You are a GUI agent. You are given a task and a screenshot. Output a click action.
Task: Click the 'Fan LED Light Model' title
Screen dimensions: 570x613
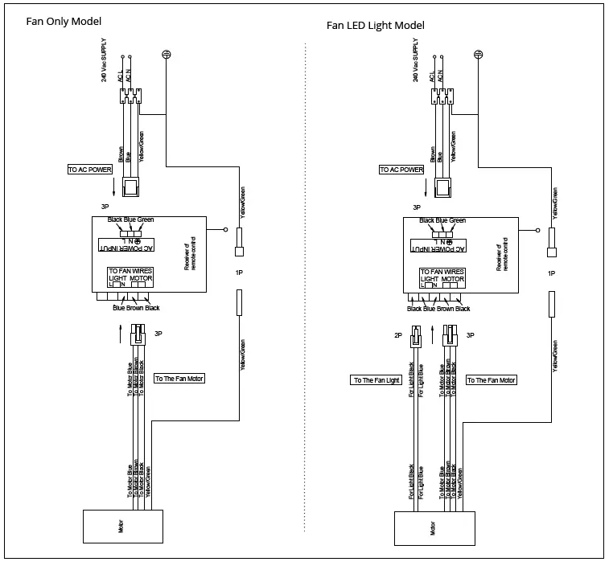375,26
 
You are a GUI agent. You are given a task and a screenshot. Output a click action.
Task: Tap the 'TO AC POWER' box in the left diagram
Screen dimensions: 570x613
89,170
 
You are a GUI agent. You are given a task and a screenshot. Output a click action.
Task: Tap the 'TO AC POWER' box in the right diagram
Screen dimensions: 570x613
401,170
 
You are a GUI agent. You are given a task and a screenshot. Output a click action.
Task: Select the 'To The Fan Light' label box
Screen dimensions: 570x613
376,380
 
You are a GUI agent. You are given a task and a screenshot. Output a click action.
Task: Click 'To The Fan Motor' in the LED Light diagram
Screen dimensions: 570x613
492,380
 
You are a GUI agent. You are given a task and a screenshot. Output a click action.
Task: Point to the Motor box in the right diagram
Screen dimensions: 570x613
434,529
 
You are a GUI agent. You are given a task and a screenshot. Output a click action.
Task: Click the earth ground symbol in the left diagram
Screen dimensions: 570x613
166,55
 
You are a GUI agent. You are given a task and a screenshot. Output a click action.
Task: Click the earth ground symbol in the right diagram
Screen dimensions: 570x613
478,55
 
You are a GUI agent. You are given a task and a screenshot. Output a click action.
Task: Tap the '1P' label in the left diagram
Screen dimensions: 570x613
239,273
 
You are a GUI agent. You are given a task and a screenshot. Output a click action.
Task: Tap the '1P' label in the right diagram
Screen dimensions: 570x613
551,273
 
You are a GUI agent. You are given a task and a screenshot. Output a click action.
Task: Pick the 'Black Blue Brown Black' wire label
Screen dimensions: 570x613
438,309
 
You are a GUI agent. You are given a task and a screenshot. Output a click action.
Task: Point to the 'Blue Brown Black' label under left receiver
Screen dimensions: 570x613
136,309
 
